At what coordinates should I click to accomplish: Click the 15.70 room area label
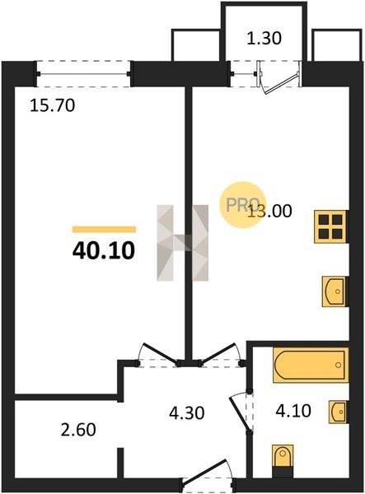[53, 105]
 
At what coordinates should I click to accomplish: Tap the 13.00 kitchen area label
[269, 211]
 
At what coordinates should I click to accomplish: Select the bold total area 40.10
[104, 251]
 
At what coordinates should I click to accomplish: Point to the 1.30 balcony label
[264, 39]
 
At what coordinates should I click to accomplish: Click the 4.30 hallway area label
[186, 412]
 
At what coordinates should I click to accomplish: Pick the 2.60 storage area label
[78, 430]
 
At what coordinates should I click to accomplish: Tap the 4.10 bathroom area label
[293, 411]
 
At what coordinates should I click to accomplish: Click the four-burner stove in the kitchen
[331, 226]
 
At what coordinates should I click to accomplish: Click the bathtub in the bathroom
[311, 365]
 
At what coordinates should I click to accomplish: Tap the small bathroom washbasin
[339, 412]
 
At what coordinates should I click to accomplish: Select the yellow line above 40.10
[104, 230]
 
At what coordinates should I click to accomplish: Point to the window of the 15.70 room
[83, 74]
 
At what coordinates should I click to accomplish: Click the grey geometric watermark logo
[183, 243]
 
